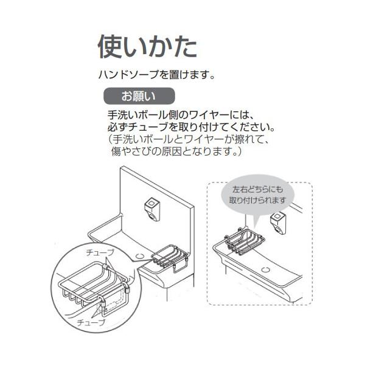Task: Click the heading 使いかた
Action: click(x=147, y=47)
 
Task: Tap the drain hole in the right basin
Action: click(x=268, y=269)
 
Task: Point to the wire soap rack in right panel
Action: click(x=242, y=240)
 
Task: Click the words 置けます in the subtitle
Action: click(x=196, y=76)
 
